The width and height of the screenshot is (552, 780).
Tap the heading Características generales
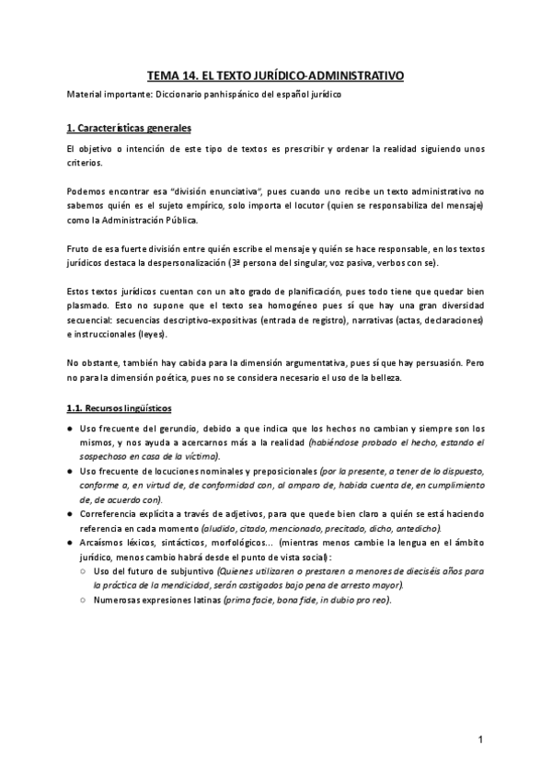coord(139,127)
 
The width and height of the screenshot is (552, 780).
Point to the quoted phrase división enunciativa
coord(209,189)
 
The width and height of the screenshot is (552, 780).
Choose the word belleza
coord(359,377)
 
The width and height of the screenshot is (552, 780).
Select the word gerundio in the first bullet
coord(170,429)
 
